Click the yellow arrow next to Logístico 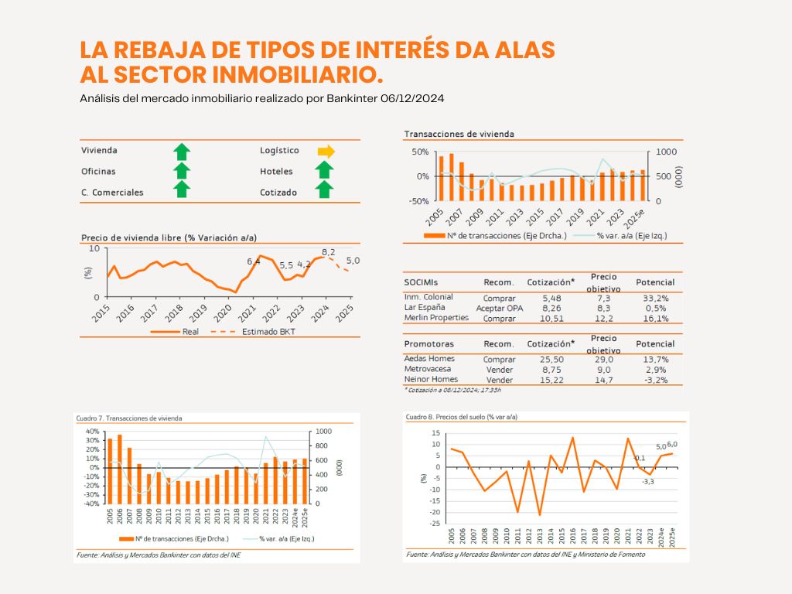326,151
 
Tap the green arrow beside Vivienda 181,151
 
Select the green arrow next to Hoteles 326,171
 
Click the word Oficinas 98,172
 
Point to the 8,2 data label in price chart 328,252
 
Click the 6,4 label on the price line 254,261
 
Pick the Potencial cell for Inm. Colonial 654,298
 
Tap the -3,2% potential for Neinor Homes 654,380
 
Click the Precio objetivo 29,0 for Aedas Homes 604,360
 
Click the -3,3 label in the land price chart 647,482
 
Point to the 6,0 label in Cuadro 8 672,444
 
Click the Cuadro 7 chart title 129,418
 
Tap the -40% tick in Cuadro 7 92,504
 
